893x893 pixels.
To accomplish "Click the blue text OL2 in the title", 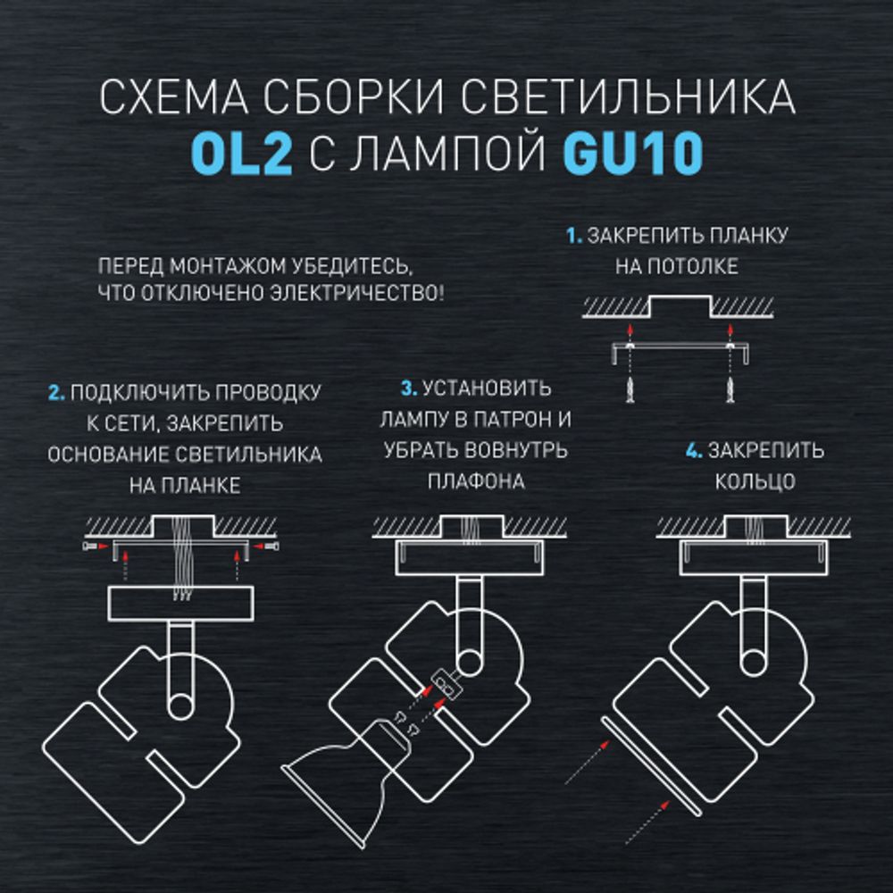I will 241,154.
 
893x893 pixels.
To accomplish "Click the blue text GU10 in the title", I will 632,154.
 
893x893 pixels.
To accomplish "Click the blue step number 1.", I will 574,237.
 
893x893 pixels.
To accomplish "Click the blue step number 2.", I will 55,393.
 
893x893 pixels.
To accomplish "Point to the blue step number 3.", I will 409,389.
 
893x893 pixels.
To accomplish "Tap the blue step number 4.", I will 694,451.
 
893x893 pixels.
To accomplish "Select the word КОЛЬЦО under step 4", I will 755,481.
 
